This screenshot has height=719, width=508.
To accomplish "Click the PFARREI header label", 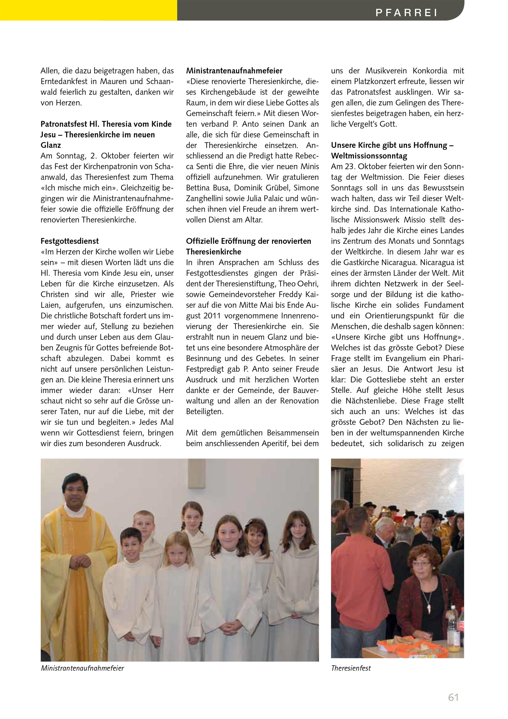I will (406, 12).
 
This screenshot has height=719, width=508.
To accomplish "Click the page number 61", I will (453, 697).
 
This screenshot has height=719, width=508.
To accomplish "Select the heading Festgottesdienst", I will (69, 241).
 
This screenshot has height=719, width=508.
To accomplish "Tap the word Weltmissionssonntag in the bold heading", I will (369, 156).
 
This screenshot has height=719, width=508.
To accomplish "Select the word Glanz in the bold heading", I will (51, 145).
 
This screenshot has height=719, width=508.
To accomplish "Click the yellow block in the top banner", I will (89, 10).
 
